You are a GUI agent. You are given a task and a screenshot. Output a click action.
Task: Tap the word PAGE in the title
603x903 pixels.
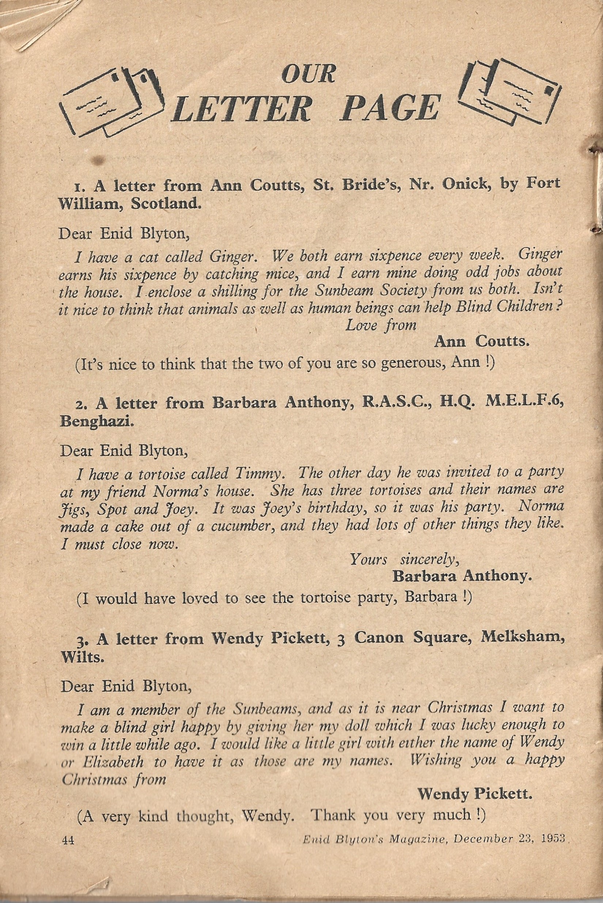391,108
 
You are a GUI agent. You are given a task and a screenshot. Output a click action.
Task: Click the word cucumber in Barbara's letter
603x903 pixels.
245,525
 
